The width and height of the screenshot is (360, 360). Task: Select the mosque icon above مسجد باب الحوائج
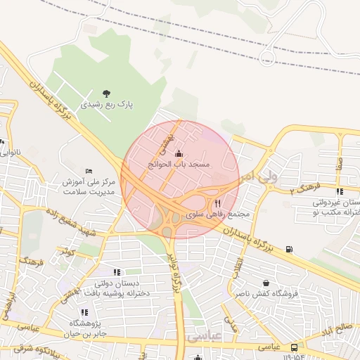click(178, 154)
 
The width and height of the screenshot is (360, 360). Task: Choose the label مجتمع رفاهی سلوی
click(211, 214)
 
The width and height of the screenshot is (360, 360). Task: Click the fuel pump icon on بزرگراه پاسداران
click(290, 249)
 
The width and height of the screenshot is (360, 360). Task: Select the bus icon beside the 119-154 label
click(293, 347)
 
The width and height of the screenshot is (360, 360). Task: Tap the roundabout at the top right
click(267, 56)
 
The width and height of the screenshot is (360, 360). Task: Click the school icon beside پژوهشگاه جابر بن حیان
click(85, 313)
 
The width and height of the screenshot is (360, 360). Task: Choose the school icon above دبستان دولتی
click(117, 272)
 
